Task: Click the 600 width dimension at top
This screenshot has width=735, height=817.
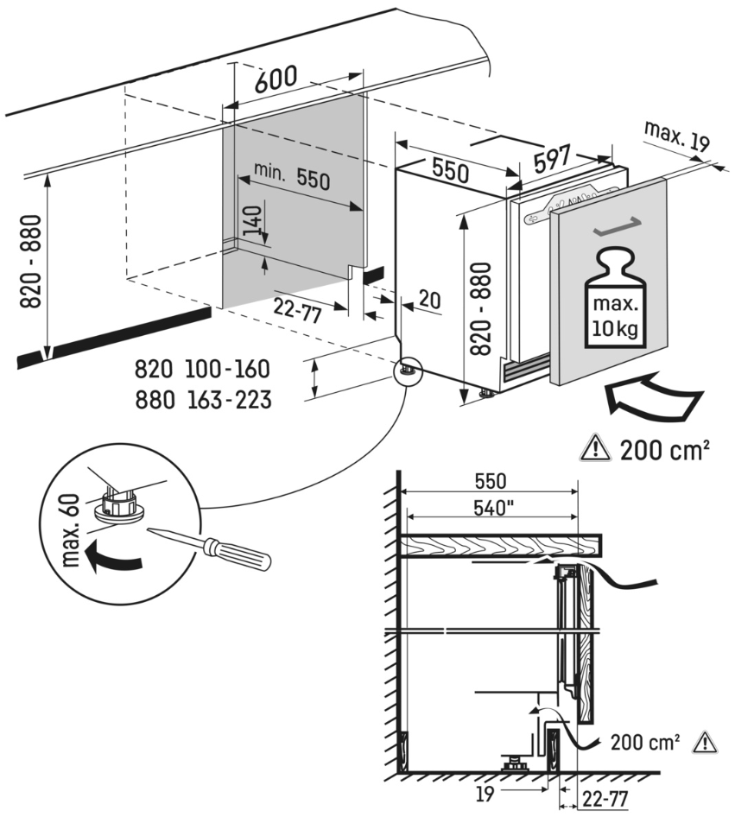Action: [x=276, y=81]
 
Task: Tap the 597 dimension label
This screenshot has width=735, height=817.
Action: [x=551, y=157]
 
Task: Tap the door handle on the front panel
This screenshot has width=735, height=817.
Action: [x=617, y=227]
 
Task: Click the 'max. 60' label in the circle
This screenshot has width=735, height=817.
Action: [x=73, y=529]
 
